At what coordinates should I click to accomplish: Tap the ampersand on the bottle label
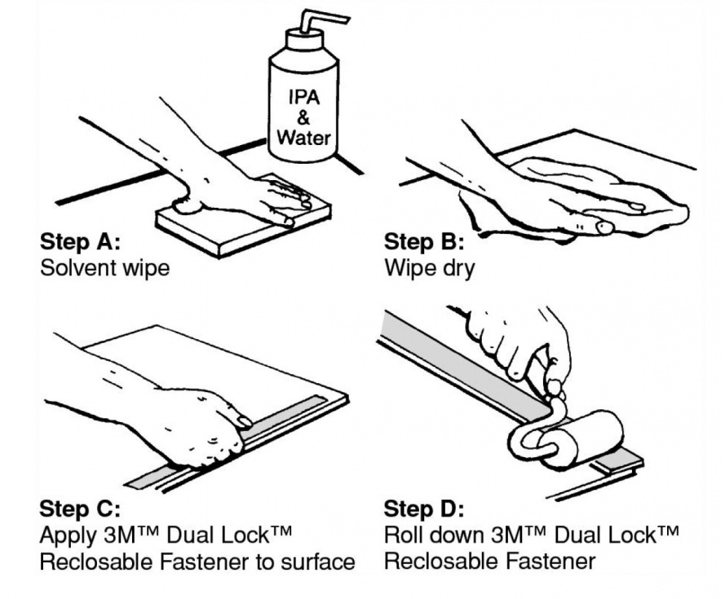click(303, 117)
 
